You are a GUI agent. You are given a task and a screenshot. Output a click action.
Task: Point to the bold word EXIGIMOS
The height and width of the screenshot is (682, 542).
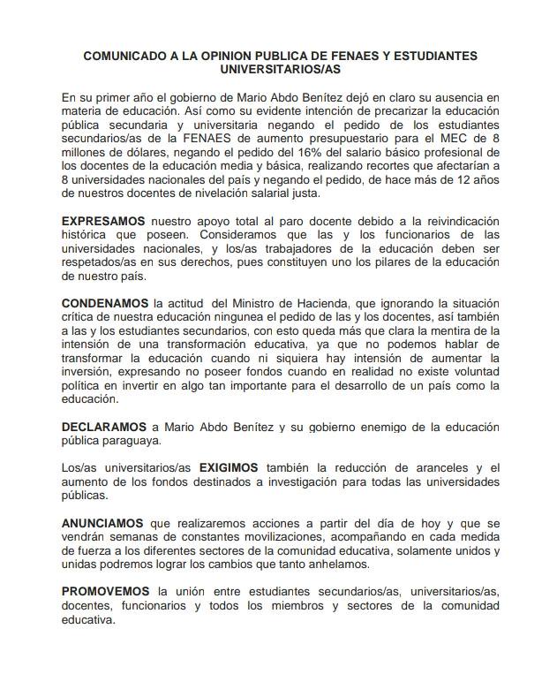[x=229, y=468]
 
